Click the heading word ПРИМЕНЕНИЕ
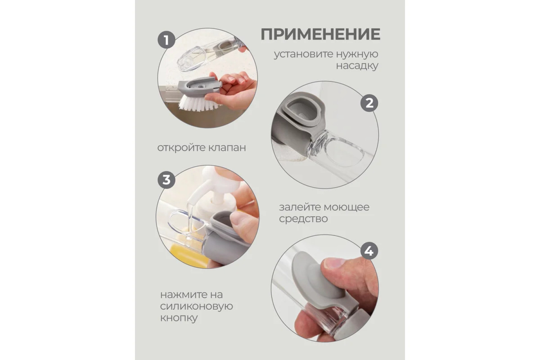point(320,35)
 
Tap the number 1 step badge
point(166,40)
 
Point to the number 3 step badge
point(166,180)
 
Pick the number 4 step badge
point(369,251)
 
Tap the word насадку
point(357,66)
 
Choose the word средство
point(303,219)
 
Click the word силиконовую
point(197,306)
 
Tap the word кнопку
point(179,318)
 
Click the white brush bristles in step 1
point(199,103)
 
